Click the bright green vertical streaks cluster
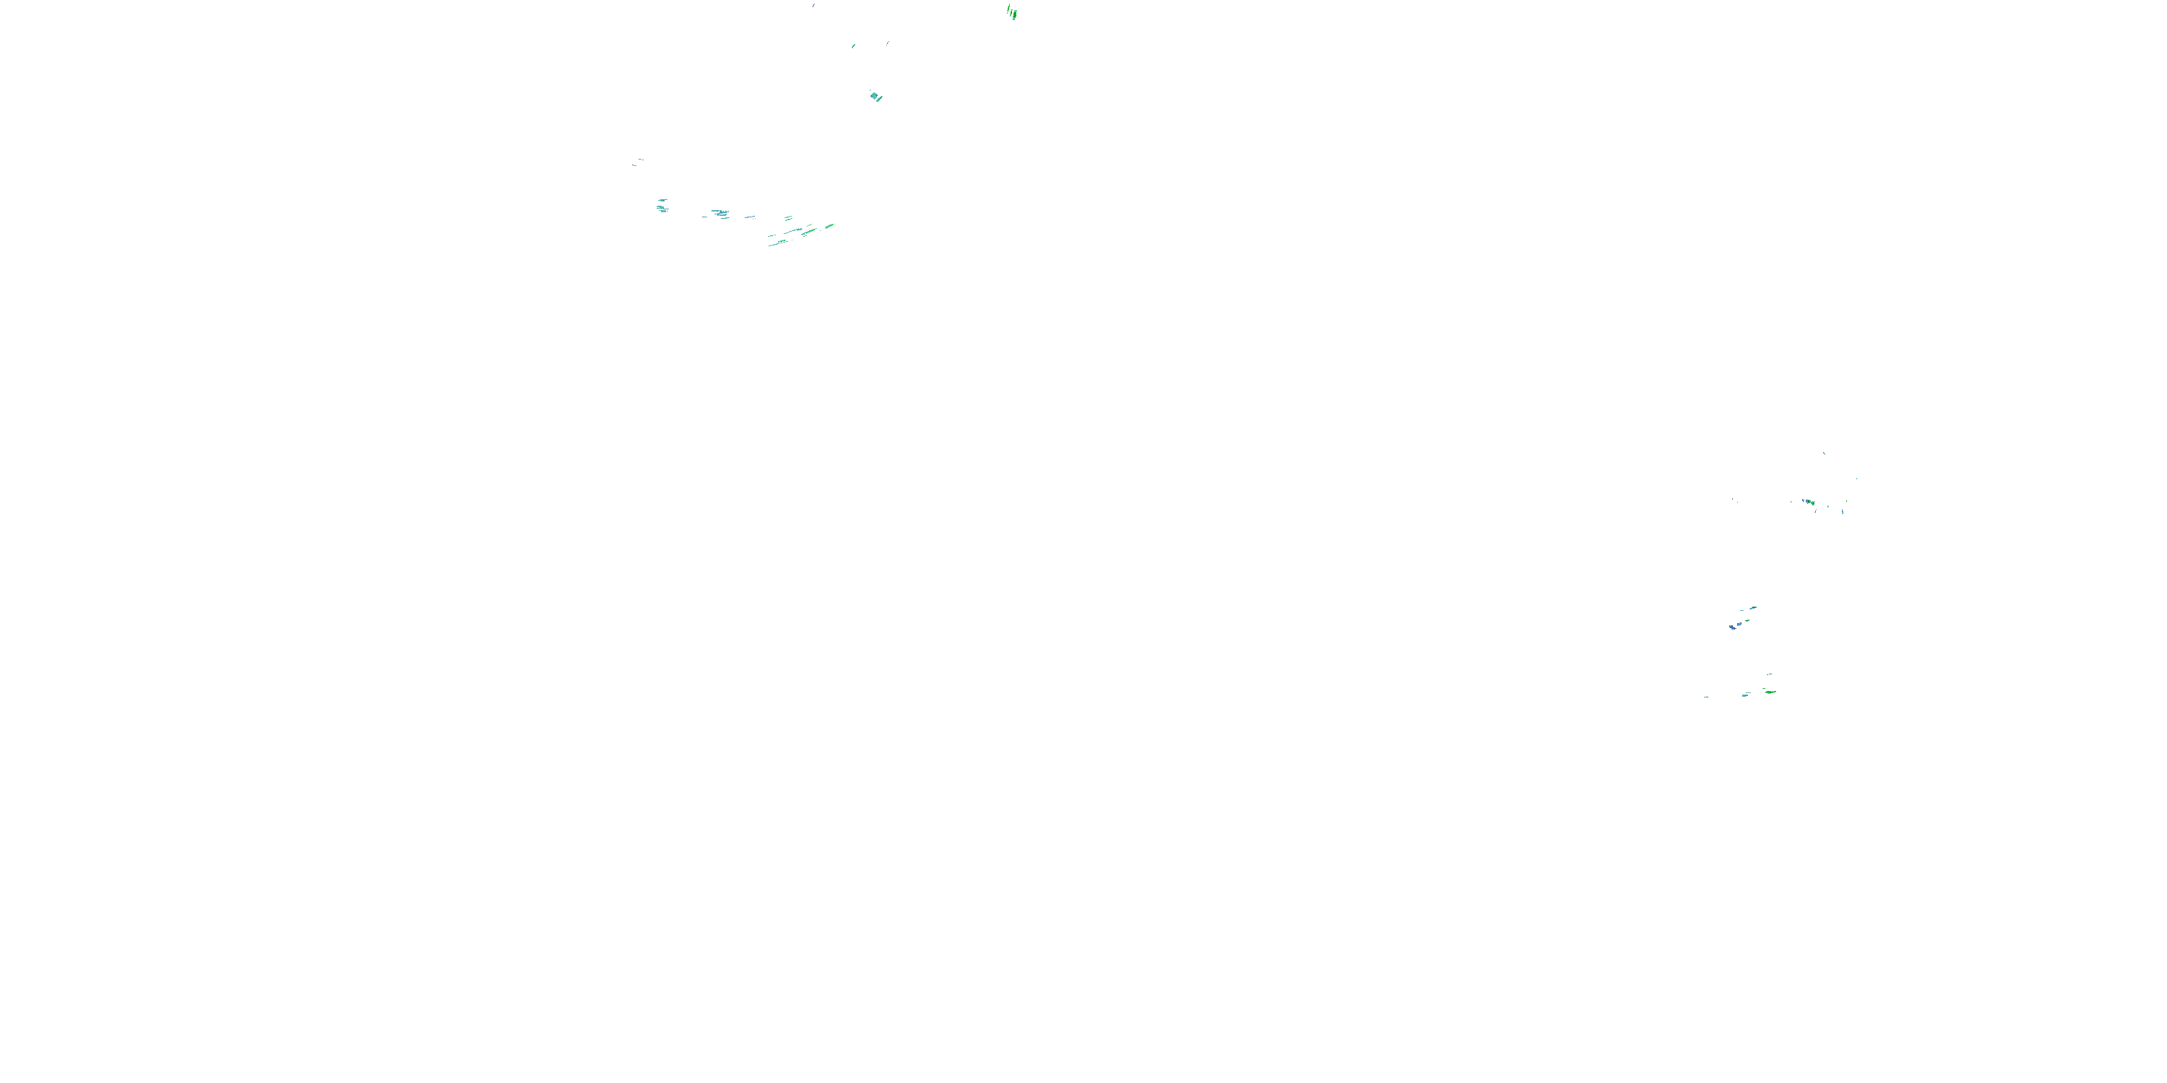[1012, 12]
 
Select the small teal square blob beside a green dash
[875, 97]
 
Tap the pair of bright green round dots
[1809, 503]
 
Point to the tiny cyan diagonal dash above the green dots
[1824, 453]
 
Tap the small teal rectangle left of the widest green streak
[1747, 695]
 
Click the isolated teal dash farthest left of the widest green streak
[1706, 697]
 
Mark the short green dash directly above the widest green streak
[1770, 674]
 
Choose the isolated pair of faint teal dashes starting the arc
[639, 162]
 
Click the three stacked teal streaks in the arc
[662, 205]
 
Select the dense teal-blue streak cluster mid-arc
[721, 214]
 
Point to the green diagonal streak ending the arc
[829, 225]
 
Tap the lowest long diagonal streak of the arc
[778, 243]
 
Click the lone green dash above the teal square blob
[854, 45]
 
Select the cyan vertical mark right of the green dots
[1842, 510]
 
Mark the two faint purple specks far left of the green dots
[1734, 500]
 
